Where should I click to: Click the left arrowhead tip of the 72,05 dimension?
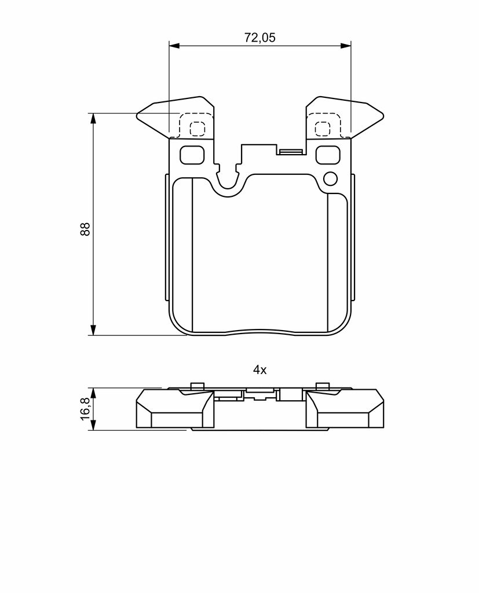169,46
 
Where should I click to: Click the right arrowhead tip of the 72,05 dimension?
351,46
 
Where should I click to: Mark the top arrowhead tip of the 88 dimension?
93,113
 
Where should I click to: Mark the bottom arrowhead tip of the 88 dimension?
93,335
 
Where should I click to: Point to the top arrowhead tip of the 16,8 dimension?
93,387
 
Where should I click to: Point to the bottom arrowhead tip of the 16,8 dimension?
93,430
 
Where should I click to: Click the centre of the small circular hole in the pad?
330,178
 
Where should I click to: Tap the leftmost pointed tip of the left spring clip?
137,115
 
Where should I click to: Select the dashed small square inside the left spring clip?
197,129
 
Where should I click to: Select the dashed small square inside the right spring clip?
323,129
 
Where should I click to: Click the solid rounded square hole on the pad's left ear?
192,155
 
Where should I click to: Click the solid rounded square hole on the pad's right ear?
328,155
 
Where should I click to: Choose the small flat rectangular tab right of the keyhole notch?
290,152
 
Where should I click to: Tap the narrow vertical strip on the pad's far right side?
353,237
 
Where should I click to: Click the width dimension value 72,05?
260,38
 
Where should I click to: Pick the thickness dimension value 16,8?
85,409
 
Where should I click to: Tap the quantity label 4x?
260,370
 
